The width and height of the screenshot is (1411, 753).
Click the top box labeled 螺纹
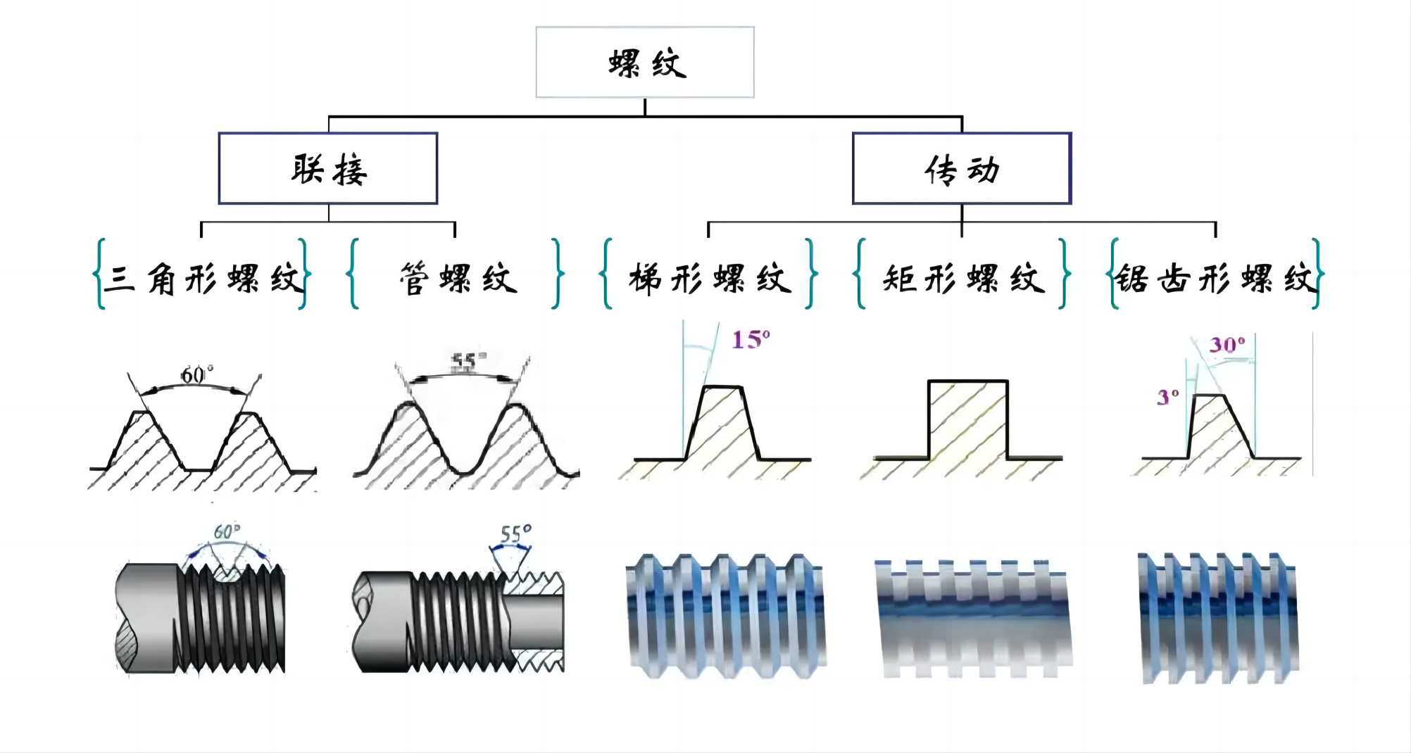[645, 63]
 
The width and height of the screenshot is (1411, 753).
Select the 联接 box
[328, 169]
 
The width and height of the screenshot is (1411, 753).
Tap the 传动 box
[962, 169]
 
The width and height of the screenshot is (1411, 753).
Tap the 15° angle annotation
[751, 340]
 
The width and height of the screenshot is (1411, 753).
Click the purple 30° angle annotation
[1227, 345]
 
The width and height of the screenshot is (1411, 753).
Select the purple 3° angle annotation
[1167, 398]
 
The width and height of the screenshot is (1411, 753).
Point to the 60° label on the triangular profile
[196, 375]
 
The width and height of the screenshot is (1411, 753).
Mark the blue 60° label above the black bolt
[227, 531]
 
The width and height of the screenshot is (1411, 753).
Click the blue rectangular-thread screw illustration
[973, 619]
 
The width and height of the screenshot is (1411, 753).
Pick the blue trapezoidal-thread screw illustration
[725, 616]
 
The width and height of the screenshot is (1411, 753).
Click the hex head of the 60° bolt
[146, 618]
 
